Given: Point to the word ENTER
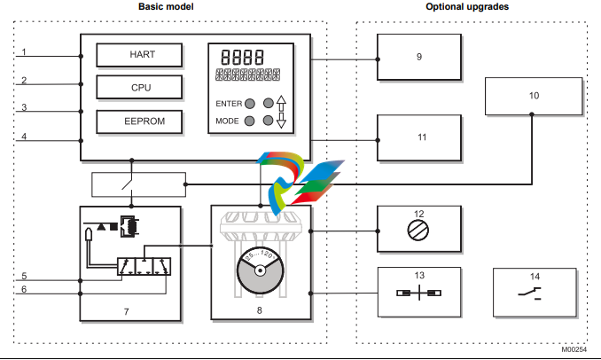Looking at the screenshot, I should (x=228, y=104).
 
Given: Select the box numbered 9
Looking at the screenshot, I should (x=418, y=57).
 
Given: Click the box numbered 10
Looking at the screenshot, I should (x=534, y=95).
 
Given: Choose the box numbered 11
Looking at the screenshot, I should (x=418, y=137).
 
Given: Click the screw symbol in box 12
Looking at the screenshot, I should (x=418, y=228).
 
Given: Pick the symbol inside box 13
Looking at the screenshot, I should (x=418, y=293).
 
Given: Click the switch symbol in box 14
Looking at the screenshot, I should (x=533, y=293).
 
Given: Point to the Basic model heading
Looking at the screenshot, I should (x=166, y=7).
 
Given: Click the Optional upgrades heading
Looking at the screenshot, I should (x=467, y=7).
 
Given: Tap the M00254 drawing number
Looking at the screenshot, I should (x=574, y=351).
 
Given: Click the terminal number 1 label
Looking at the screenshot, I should (x=25, y=52).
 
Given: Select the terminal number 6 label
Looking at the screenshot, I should (x=25, y=289).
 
